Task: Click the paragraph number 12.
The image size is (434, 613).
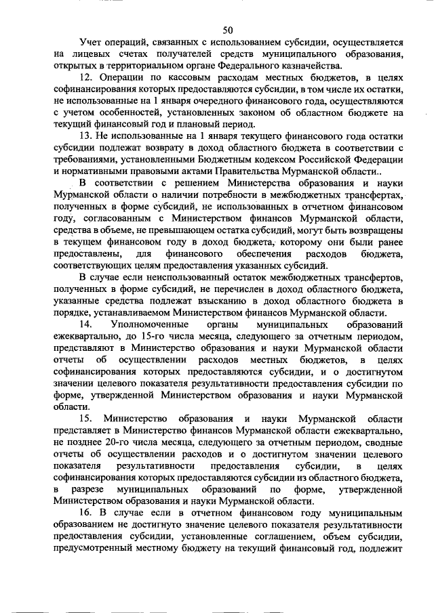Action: click(85, 79)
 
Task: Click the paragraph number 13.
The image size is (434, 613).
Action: click(85, 137)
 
